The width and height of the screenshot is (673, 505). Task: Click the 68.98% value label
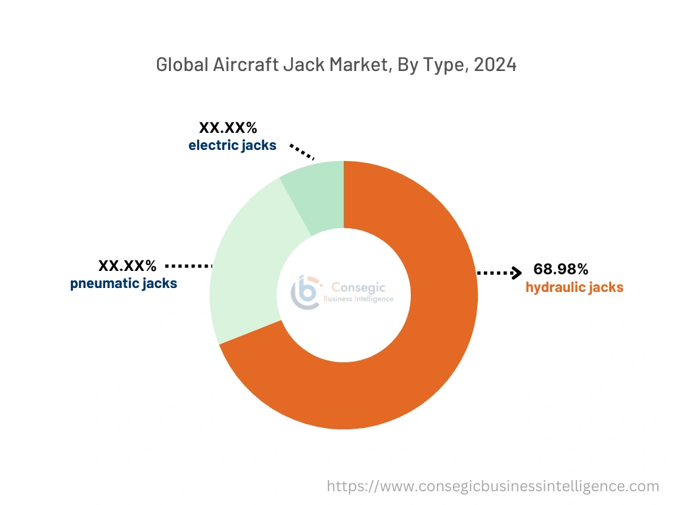tap(561, 269)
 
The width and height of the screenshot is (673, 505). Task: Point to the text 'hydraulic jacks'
tap(574, 287)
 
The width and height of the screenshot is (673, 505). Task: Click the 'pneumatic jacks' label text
tap(124, 284)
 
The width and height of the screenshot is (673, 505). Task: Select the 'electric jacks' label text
tap(232, 145)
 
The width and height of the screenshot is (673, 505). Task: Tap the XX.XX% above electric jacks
tap(228, 128)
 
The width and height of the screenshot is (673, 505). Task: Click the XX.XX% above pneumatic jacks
tap(128, 266)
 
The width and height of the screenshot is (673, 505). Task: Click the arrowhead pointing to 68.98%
tap(517, 272)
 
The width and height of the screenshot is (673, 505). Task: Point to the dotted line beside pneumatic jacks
tap(189, 266)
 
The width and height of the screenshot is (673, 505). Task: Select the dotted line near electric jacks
tap(302, 152)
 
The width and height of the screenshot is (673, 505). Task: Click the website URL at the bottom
tap(493, 486)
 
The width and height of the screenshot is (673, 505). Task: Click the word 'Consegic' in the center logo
tap(358, 287)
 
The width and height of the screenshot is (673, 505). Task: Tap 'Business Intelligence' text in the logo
tap(358, 299)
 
